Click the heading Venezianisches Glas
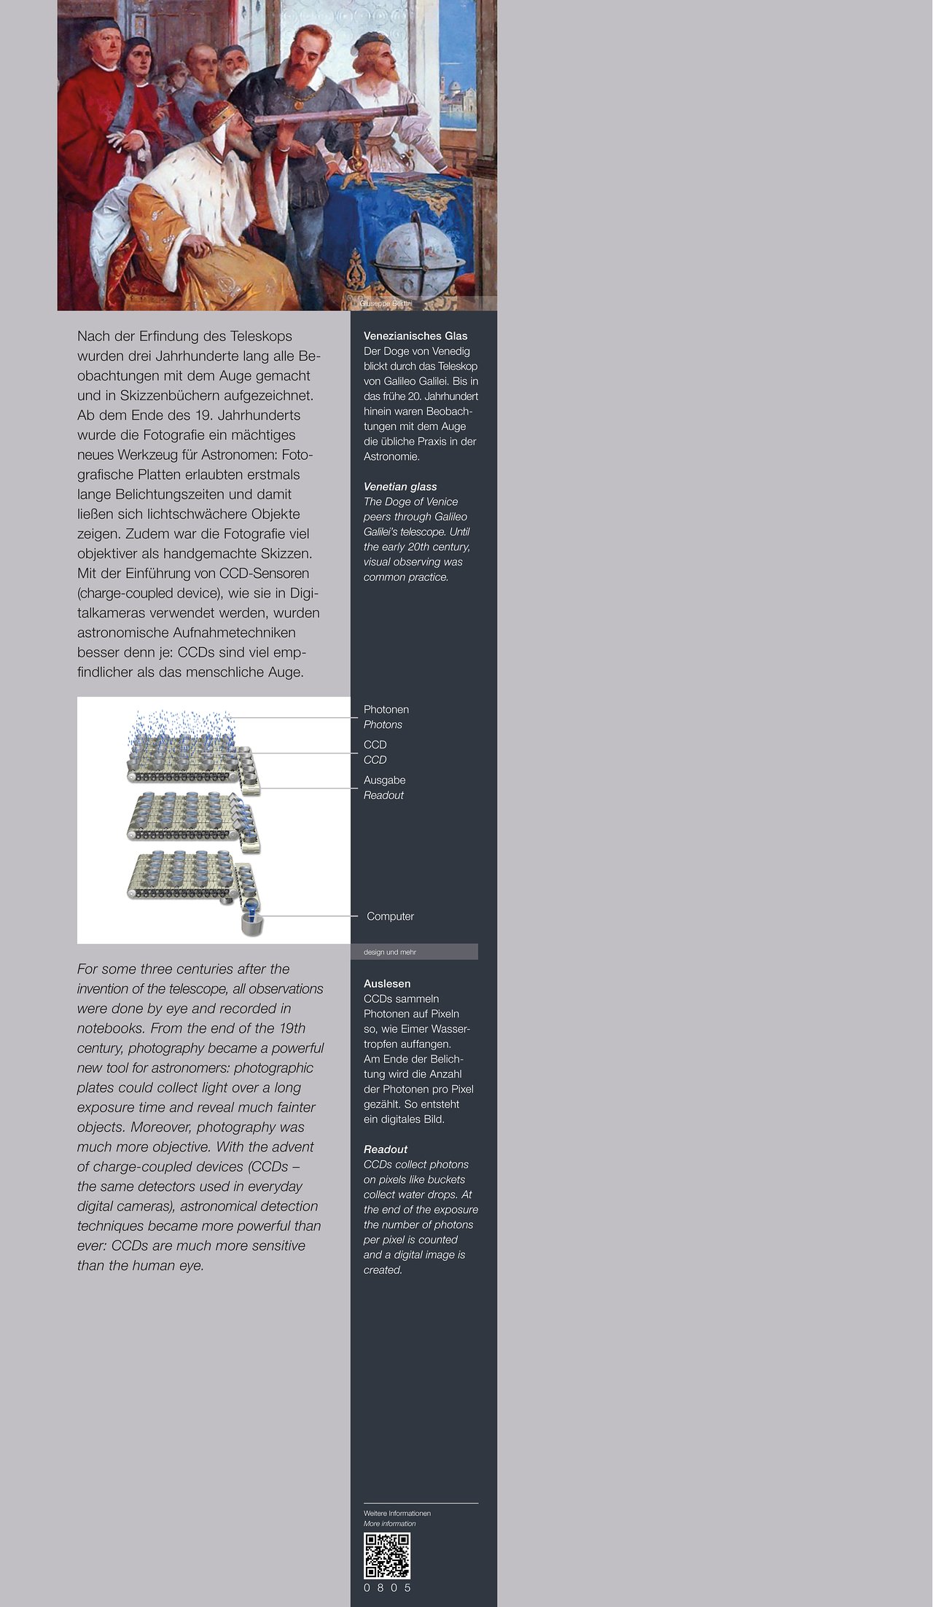click(x=415, y=336)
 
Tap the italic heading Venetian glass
click(x=400, y=487)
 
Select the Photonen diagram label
click(x=386, y=710)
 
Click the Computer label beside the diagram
click(x=390, y=916)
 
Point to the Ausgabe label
click(x=385, y=781)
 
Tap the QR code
click(x=387, y=1555)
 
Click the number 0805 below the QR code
click(x=387, y=1587)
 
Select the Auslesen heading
click(x=387, y=984)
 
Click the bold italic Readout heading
click(x=386, y=1149)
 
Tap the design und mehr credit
click(x=390, y=952)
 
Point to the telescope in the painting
click(x=335, y=117)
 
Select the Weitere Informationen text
click(x=397, y=1513)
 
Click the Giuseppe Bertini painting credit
click(x=386, y=303)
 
